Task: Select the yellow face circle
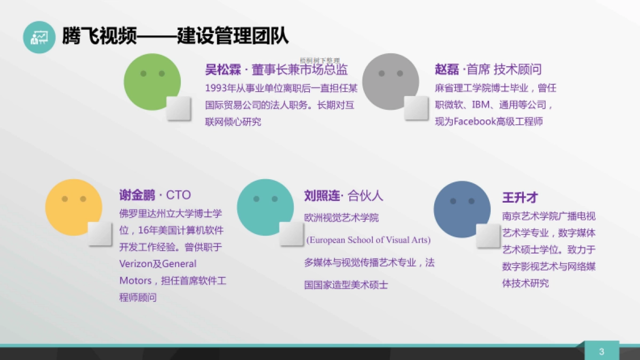(74, 207)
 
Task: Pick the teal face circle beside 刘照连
(265, 207)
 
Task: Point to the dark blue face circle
(462, 209)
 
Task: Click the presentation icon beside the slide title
(39, 37)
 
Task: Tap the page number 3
(602, 351)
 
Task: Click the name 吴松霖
(221, 70)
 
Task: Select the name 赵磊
(446, 70)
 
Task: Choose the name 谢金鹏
(137, 195)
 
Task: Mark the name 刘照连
(322, 196)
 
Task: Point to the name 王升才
(519, 197)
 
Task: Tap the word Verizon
(136, 264)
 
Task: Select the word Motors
(135, 281)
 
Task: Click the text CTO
(178, 195)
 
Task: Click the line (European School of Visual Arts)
(368, 240)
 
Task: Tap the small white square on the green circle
(179, 108)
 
